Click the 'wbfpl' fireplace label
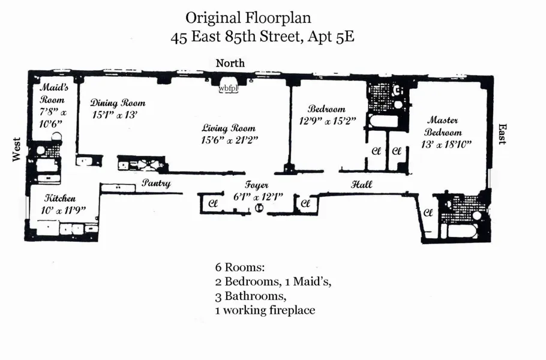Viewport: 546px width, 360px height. click(x=228, y=88)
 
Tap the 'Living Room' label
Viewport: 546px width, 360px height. click(x=228, y=128)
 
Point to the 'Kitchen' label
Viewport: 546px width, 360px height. click(x=61, y=198)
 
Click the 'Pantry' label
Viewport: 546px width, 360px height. click(x=156, y=184)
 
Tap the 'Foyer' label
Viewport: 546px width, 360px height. click(x=256, y=185)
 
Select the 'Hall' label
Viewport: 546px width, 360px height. click(x=361, y=184)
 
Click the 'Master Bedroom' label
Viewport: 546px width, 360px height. click(x=443, y=127)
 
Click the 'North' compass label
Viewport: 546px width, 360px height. click(x=230, y=63)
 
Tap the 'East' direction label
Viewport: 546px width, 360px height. click(x=502, y=134)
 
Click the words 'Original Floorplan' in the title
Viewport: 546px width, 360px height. click(x=248, y=17)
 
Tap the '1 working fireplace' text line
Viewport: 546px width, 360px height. click(x=265, y=310)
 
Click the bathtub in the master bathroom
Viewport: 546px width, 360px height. click(x=466, y=231)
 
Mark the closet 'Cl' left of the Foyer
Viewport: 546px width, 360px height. click(x=212, y=203)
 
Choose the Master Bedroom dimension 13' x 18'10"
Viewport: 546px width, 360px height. click(x=446, y=144)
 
